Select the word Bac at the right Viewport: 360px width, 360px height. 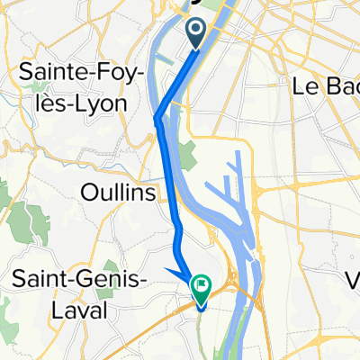337,87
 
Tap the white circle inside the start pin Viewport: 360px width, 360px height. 196,31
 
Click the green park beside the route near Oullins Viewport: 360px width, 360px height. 186,157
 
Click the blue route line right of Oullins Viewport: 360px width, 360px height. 169,193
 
